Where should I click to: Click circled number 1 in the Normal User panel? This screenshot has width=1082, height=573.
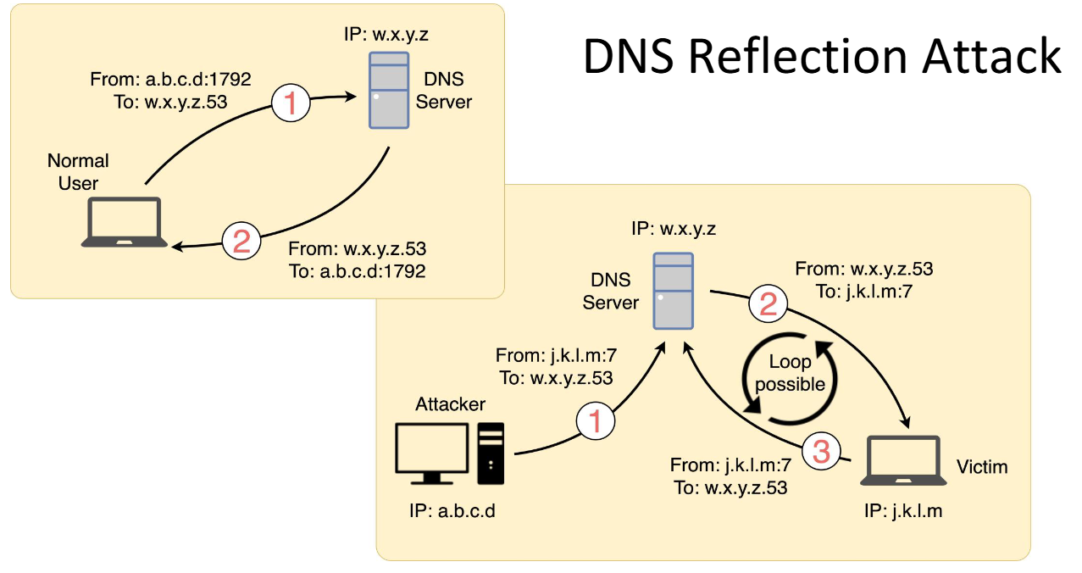click(x=291, y=104)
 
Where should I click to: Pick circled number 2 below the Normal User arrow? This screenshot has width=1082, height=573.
click(x=241, y=243)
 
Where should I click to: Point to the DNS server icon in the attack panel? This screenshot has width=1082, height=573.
click(x=674, y=291)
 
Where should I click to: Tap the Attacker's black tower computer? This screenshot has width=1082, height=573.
click(x=491, y=453)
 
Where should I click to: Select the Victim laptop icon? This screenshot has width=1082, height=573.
click(x=903, y=462)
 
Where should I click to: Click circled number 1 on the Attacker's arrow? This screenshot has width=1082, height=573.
click(x=596, y=420)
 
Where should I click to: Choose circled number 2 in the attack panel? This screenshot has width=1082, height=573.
click(x=768, y=304)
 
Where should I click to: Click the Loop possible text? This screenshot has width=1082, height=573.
click(x=790, y=374)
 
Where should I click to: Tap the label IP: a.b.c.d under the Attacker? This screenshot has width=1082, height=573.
click(x=451, y=512)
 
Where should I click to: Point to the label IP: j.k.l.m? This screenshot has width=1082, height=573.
click(x=902, y=511)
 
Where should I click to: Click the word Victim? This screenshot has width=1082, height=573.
click(x=982, y=467)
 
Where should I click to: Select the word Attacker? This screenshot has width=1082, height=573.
click(x=450, y=404)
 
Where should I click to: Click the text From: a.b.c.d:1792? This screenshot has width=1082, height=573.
click(x=170, y=81)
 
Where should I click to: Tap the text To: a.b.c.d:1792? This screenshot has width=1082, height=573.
click(x=357, y=272)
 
